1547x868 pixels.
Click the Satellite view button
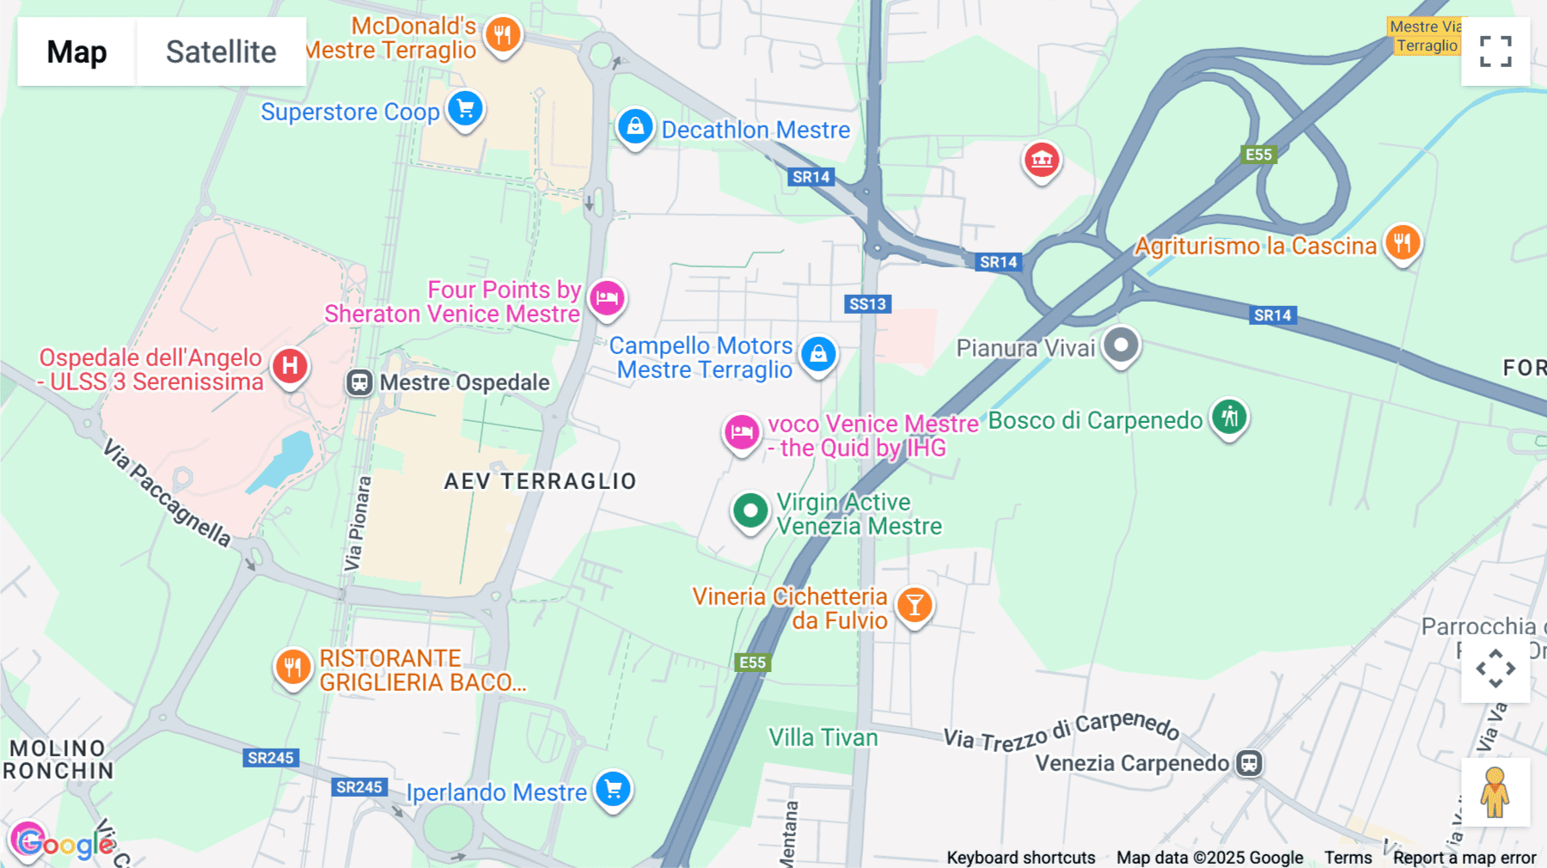pyautogui.click(x=221, y=52)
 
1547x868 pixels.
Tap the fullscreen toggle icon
pyautogui.click(x=1495, y=52)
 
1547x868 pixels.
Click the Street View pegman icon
pyautogui.click(x=1495, y=792)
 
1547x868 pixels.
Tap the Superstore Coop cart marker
pyautogui.click(x=466, y=109)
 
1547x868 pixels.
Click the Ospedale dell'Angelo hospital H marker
pyautogui.click(x=290, y=366)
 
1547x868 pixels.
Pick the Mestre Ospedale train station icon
pyautogui.click(x=359, y=382)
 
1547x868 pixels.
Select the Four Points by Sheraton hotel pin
pyautogui.click(x=608, y=298)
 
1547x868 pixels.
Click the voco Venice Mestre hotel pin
pyautogui.click(x=742, y=432)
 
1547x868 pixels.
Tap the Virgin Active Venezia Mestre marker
pyautogui.click(x=750, y=511)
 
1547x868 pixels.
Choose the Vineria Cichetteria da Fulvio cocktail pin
pyautogui.click(x=914, y=605)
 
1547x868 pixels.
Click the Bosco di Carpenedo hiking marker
pyautogui.click(x=1230, y=418)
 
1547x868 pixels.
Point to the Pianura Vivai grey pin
pyautogui.click(x=1121, y=345)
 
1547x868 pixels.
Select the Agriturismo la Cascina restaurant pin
pyautogui.click(x=1403, y=243)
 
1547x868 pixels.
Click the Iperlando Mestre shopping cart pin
pyautogui.click(x=614, y=789)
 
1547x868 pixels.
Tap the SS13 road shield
pyautogui.click(x=867, y=304)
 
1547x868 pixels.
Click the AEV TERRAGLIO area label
pyautogui.click(x=540, y=481)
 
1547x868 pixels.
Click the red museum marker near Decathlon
pyautogui.click(x=1042, y=160)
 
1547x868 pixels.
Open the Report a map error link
pyautogui.click(x=1464, y=858)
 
